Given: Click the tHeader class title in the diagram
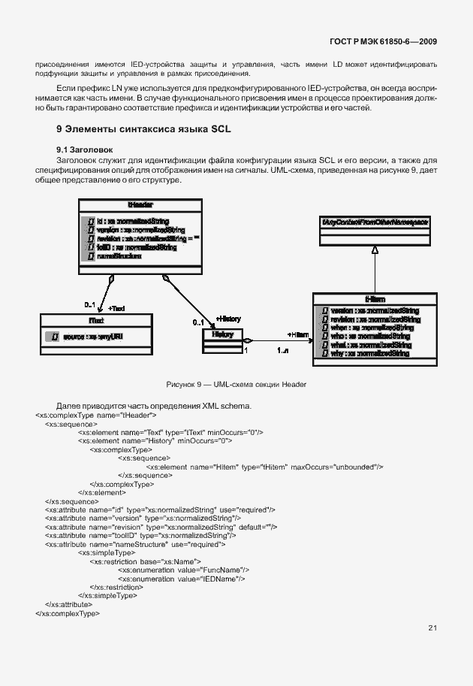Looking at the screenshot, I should pyautogui.click(x=140, y=205).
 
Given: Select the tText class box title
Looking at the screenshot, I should pyautogui.click(x=95, y=321).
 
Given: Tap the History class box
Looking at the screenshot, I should pyautogui.click(x=223, y=334).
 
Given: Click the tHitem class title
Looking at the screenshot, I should pyautogui.click(x=375, y=299).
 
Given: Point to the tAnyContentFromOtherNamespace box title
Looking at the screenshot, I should pyautogui.click(x=375, y=222).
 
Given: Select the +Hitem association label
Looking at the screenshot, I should pyautogui.click(x=298, y=334).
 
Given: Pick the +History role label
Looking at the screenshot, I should pyautogui.click(x=228, y=319).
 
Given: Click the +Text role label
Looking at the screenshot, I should pyautogui.click(x=116, y=308).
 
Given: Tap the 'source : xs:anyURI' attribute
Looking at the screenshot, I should pyautogui.click(x=93, y=337).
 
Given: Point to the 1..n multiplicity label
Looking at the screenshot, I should pyautogui.click(x=285, y=351).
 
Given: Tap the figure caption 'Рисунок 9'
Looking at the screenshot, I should pyautogui.click(x=236, y=385).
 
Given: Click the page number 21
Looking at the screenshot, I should pyautogui.click(x=432, y=628).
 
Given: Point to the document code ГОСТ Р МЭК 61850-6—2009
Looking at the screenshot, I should pyautogui.click(x=384, y=42).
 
